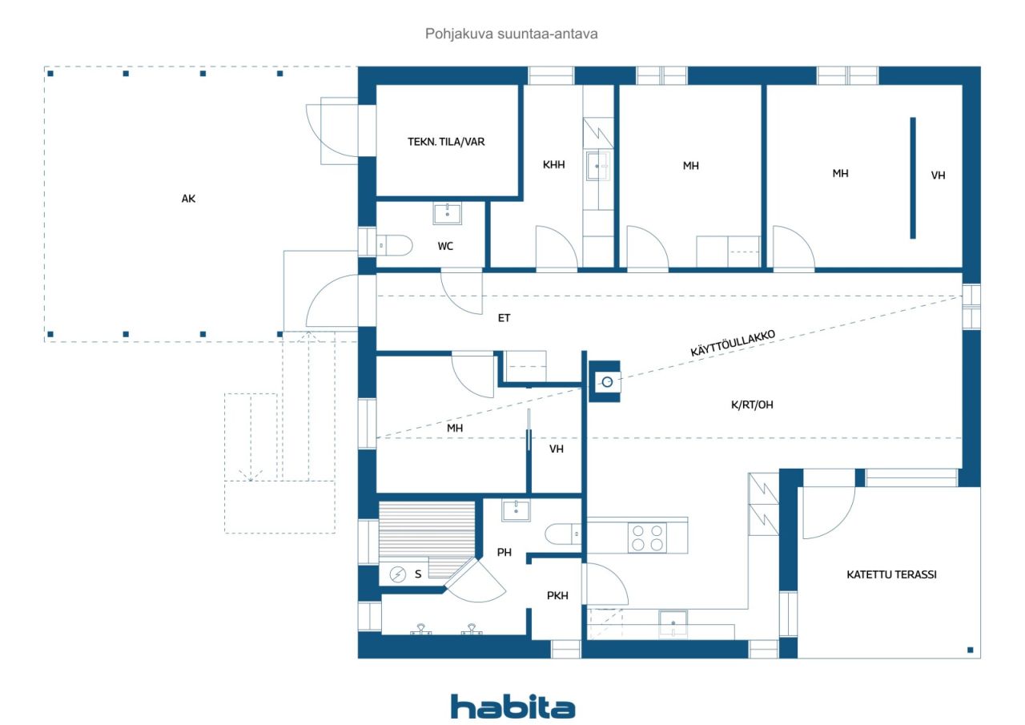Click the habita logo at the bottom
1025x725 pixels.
pyautogui.click(x=512, y=707)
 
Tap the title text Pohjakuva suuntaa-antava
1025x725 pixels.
pyautogui.click(x=511, y=34)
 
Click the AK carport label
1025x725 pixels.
pyautogui.click(x=188, y=199)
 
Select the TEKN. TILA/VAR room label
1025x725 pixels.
pyautogui.click(x=446, y=142)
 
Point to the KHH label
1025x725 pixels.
pyautogui.click(x=553, y=165)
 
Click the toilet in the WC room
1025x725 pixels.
pyautogui.click(x=394, y=245)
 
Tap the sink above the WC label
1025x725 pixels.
pyautogui.click(x=447, y=214)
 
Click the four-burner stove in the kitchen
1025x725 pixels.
pyautogui.click(x=647, y=538)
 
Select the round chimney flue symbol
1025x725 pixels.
pyautogui.click(x=607, y=381)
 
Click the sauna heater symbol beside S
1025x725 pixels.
pyautogui.click(x=397, y=574)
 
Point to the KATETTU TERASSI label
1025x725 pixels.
pyautogui.click(x=891, y=575)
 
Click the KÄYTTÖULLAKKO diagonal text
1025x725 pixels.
pyautogui.click(x=733, y=343)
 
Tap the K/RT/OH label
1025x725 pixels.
pyautogui.click(x=752, y=405)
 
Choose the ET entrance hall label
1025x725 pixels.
pyautogui.click(x=504, y=318)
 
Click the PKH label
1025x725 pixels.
pyautogui.click(x=557, y=596)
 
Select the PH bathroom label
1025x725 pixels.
pyautogui.click(x=504, y=553)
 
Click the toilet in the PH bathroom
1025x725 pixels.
pyautogui.click(x=563, y=534)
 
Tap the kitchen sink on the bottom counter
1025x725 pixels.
pyautogui.click(x=673, y=623)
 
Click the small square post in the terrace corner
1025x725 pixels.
pyautogui.click(x=970, y=650)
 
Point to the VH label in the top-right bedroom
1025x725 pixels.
pyautogui.click(x=938, y=175)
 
